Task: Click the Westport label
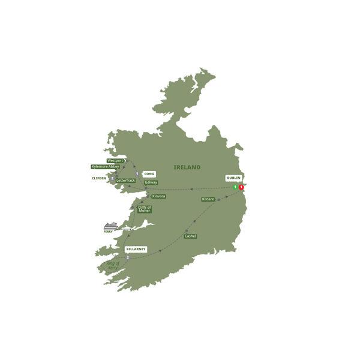pos(115,161)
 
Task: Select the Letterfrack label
pos(126,180)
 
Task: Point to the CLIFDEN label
pos(99,178)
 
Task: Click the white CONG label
pos(149,174)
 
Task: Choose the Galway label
pos(151,182)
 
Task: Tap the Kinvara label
pos(159,196)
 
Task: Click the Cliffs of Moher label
pos(145,209)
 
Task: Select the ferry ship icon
pos(110,226)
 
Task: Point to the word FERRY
pos(108,232)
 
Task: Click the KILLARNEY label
pos(136,248)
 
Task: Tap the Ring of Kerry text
pos(113,265)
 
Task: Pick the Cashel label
pos(190,236)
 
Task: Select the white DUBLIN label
pos(234,178)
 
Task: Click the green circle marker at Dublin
pos(235,187)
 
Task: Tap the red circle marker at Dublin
pos(241,187)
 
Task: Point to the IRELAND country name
pos(187,167)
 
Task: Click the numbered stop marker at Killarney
pos(128,257)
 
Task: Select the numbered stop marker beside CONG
pos(137,174)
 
